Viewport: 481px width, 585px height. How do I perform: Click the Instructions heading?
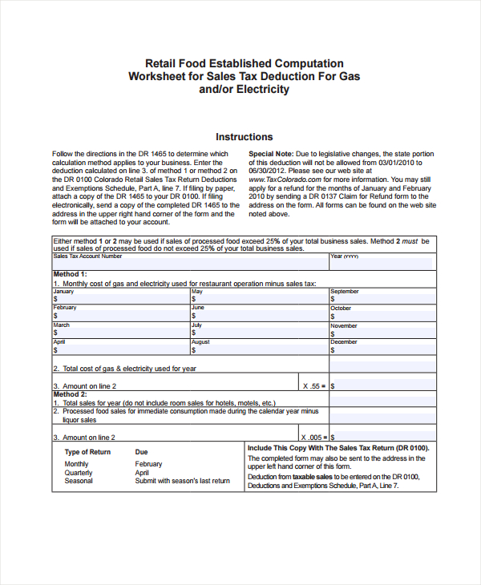(244, 137)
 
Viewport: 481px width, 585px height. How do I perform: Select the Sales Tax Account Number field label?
(87, 256)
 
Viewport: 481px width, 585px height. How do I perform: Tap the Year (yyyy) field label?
(345, 256)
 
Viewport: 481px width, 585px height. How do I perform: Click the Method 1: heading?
(70, 274)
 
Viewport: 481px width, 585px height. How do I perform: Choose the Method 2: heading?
(70, 394)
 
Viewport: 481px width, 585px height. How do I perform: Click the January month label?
(63, 292)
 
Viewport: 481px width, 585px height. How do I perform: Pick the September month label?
(345, 292)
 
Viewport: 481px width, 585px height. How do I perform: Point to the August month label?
(200, 342)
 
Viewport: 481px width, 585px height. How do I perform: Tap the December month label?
(344, 342)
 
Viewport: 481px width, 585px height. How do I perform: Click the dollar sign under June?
(193, 316)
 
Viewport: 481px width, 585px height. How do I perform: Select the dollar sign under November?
(333, 333)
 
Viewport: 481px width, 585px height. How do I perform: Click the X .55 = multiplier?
(315, 385)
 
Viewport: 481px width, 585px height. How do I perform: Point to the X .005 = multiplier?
(313, 437)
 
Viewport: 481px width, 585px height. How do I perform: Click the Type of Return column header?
(87, 452)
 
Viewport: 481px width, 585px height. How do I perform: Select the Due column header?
(141, 452)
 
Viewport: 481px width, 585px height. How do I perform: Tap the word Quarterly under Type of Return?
(79, 473)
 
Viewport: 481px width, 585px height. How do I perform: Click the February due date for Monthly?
(148, 464)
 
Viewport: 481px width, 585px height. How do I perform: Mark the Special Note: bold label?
(271, 154)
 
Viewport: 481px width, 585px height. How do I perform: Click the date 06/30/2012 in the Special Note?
(267, 171)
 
